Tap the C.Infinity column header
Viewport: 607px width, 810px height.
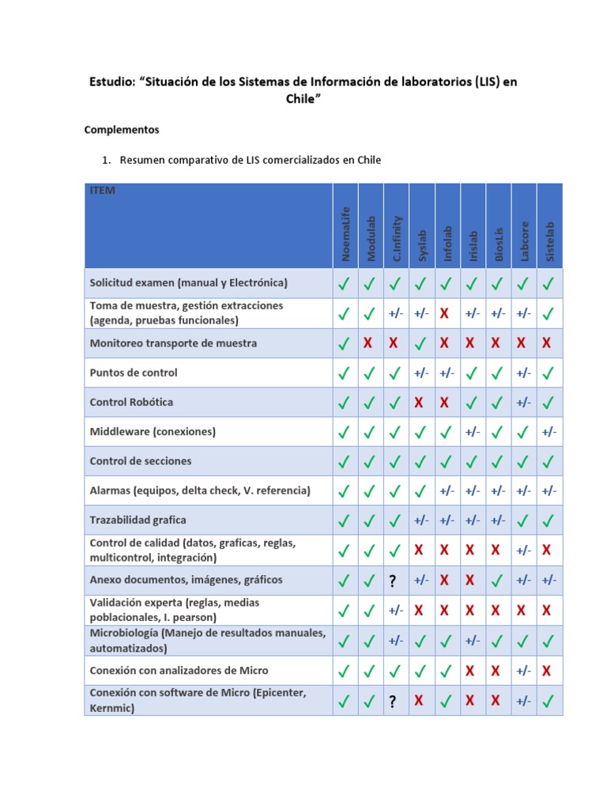pyautogui.click(x=397, y=238)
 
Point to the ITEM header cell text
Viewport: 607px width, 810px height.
pyautogui.click(x=102, y=191)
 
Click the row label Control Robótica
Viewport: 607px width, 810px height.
pyautogui.click(x=131, y=402)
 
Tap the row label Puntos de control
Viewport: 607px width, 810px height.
pyautogui.click(x=134, y=373)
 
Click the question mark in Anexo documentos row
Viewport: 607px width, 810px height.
pyautogui.click(x=392, y=581)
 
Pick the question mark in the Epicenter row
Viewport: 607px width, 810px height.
pyautogui.click(x=392, y=701)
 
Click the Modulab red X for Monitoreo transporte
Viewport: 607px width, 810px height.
pyautogui.click(x=368, y=343)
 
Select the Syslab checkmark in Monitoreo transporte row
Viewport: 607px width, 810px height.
pyautogui.click(x=420, y=343)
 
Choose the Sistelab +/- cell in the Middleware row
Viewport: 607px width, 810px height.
pyautogui.click(x=549, y=432)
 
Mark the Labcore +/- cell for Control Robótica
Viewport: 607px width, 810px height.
pyautogui.click(x=523, y=403)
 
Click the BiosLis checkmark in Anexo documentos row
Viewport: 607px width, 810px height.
pyautogui.click(x=496, y=581)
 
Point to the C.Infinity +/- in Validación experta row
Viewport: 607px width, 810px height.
pyautogui.click(x=395, y=610)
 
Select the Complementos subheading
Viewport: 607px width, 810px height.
pyautogui.click(x=122, y=129)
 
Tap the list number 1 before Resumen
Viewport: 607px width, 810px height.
pyautogui.click(x=105, y=160)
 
